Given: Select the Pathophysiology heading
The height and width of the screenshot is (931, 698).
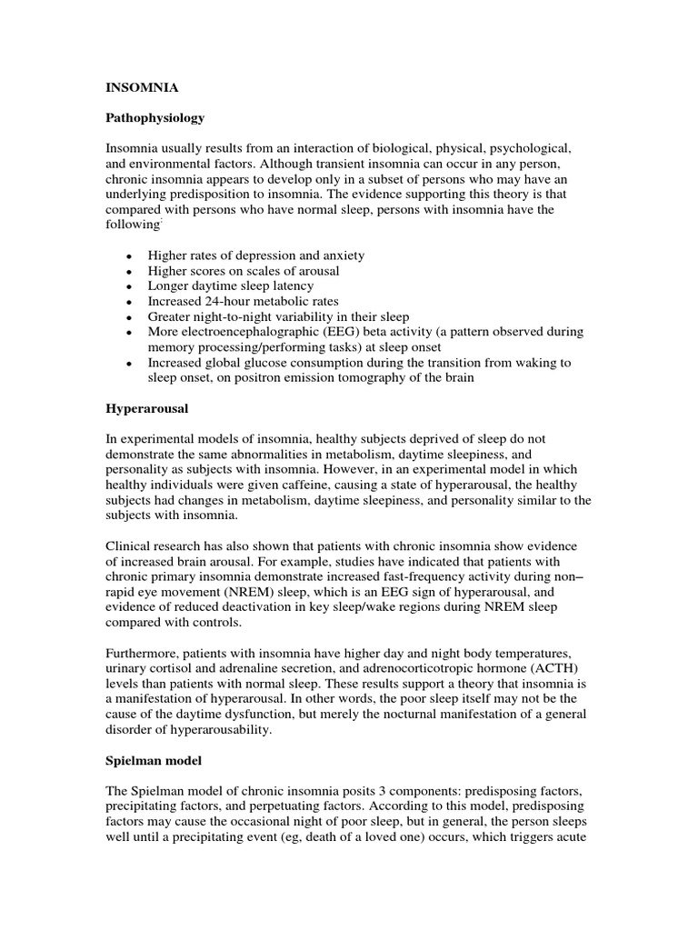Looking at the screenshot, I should (154, 118).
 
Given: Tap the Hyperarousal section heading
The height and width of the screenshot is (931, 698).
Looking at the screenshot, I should (145, 410).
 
